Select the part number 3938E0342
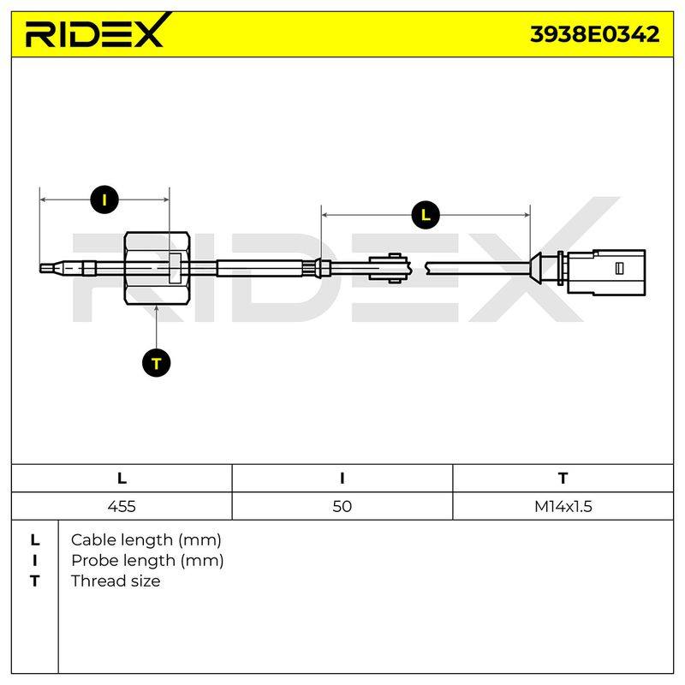point(594,34)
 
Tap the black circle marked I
point(104,200)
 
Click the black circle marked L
point(426,215)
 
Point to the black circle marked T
point(157,363)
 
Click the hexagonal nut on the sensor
point(157,268)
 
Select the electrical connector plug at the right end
point(606,271)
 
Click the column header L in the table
point(122,479)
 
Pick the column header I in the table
point(342,479)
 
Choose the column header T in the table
point(563,479)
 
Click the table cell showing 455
point(122,506)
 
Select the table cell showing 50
point(342,506)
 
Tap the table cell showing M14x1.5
point(563,506)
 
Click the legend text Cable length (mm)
point(146,540)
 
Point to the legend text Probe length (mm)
point(147,561)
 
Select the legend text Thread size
point(116,581)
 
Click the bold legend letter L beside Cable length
point(35,540)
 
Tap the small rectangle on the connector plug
point(619,268)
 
